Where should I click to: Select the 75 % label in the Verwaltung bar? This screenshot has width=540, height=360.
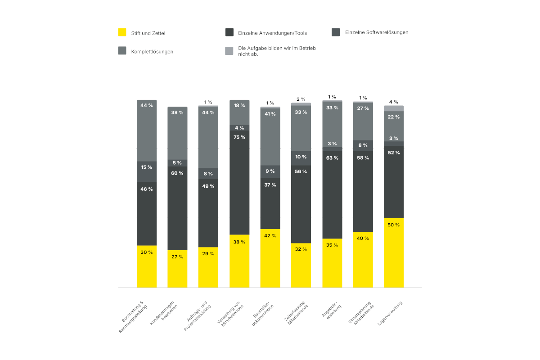[x=239, y=137]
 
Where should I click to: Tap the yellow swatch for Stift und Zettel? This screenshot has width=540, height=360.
[x=122, y=32]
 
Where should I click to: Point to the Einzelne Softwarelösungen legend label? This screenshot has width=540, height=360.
[x=377, y=32]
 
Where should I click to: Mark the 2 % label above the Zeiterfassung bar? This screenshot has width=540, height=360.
[x=301, y=99]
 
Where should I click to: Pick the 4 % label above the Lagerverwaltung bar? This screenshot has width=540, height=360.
[x=394, y=102]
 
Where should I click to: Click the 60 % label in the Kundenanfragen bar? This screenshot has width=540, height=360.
[x=177, y=173]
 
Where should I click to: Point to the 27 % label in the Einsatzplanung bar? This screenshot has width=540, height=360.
[x=363, y=108]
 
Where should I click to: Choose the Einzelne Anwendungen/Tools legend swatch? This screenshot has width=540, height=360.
[x=229, y=32]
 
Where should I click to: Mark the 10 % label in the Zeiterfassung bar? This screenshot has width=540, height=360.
[x=301, y=157]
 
